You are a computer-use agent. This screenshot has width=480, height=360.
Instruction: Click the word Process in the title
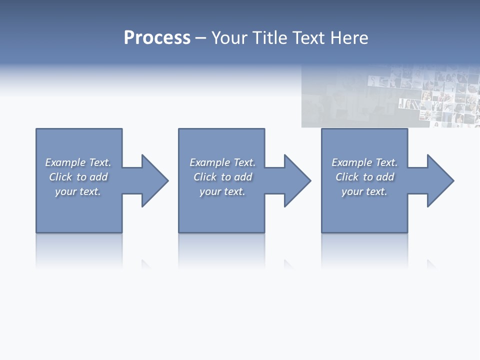[157, 38]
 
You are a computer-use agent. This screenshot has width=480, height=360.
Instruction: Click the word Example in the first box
[65, 162]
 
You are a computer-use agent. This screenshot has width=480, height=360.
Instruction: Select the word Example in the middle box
[210, 162]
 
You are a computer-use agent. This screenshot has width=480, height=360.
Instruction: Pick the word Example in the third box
[352, 162]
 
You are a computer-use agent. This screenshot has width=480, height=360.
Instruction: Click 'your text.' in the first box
[78, 191]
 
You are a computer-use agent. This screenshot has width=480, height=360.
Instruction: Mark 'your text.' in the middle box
[222, 191]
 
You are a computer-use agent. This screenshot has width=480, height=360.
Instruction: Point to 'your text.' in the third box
[364, 191]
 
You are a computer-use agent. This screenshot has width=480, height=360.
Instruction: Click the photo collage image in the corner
[390, 96]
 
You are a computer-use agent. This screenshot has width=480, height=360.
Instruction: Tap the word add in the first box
[99, 177]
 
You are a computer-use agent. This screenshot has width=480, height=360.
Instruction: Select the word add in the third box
[385, 177]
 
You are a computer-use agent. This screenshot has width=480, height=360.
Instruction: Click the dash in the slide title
[201, 38]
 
